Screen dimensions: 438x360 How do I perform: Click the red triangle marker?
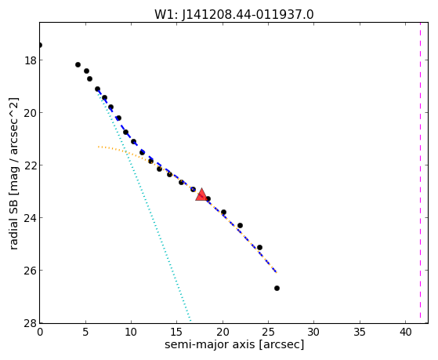pos(201,195)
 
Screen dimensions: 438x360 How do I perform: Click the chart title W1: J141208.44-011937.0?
pos(234,15)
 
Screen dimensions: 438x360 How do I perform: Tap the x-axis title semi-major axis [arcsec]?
pos(234,344)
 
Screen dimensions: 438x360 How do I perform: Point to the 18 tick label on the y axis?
pos(30,60)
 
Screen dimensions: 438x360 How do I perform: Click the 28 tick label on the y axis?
pos(30,323)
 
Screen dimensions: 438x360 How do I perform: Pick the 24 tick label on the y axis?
pos(30,217)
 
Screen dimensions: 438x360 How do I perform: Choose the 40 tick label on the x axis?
pos(405,332)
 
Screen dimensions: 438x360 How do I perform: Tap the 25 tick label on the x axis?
pos(268,332)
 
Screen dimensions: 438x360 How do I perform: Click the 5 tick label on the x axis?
pos(85,332)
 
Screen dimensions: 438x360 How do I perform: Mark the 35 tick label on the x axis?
pos(360,332)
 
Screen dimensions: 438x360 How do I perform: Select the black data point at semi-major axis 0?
pos(40,45)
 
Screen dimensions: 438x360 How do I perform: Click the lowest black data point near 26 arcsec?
pos(277,288)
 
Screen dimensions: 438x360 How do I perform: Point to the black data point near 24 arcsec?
pos(259,247)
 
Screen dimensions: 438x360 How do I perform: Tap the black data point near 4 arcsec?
pos(78,64)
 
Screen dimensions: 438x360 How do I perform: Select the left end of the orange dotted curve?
pos(98,147)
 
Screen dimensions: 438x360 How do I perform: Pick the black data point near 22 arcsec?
pos(240,225)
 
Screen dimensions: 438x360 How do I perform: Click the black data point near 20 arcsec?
pos(223,212)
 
